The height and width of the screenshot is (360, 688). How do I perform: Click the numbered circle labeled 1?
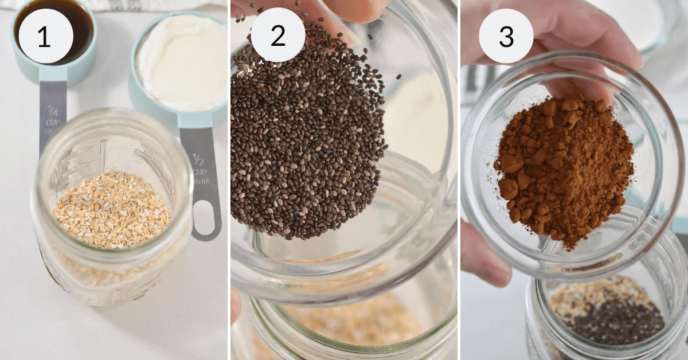point(45,36)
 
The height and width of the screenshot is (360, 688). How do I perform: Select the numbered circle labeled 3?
point(506,36)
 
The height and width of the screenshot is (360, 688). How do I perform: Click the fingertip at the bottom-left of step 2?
point(236,304)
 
